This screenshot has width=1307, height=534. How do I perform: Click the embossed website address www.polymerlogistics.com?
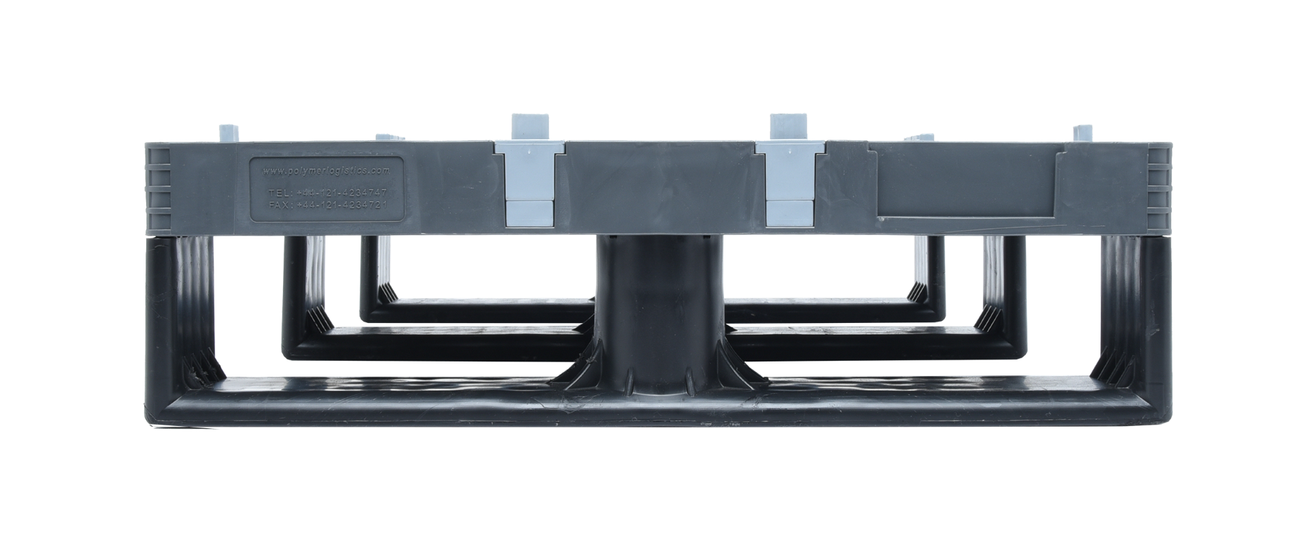326,169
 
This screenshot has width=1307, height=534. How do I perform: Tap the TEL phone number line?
327,192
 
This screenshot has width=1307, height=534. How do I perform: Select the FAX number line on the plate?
327,205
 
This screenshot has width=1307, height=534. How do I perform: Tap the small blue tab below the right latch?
790,212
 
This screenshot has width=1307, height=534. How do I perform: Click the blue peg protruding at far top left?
227,133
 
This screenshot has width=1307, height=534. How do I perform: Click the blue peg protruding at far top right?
1082,133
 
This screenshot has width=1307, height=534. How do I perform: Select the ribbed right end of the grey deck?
1161,187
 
